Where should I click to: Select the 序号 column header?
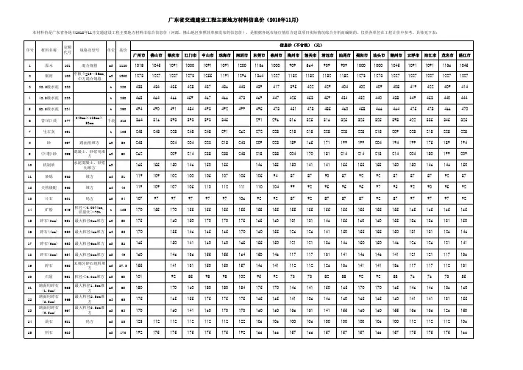10,49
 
